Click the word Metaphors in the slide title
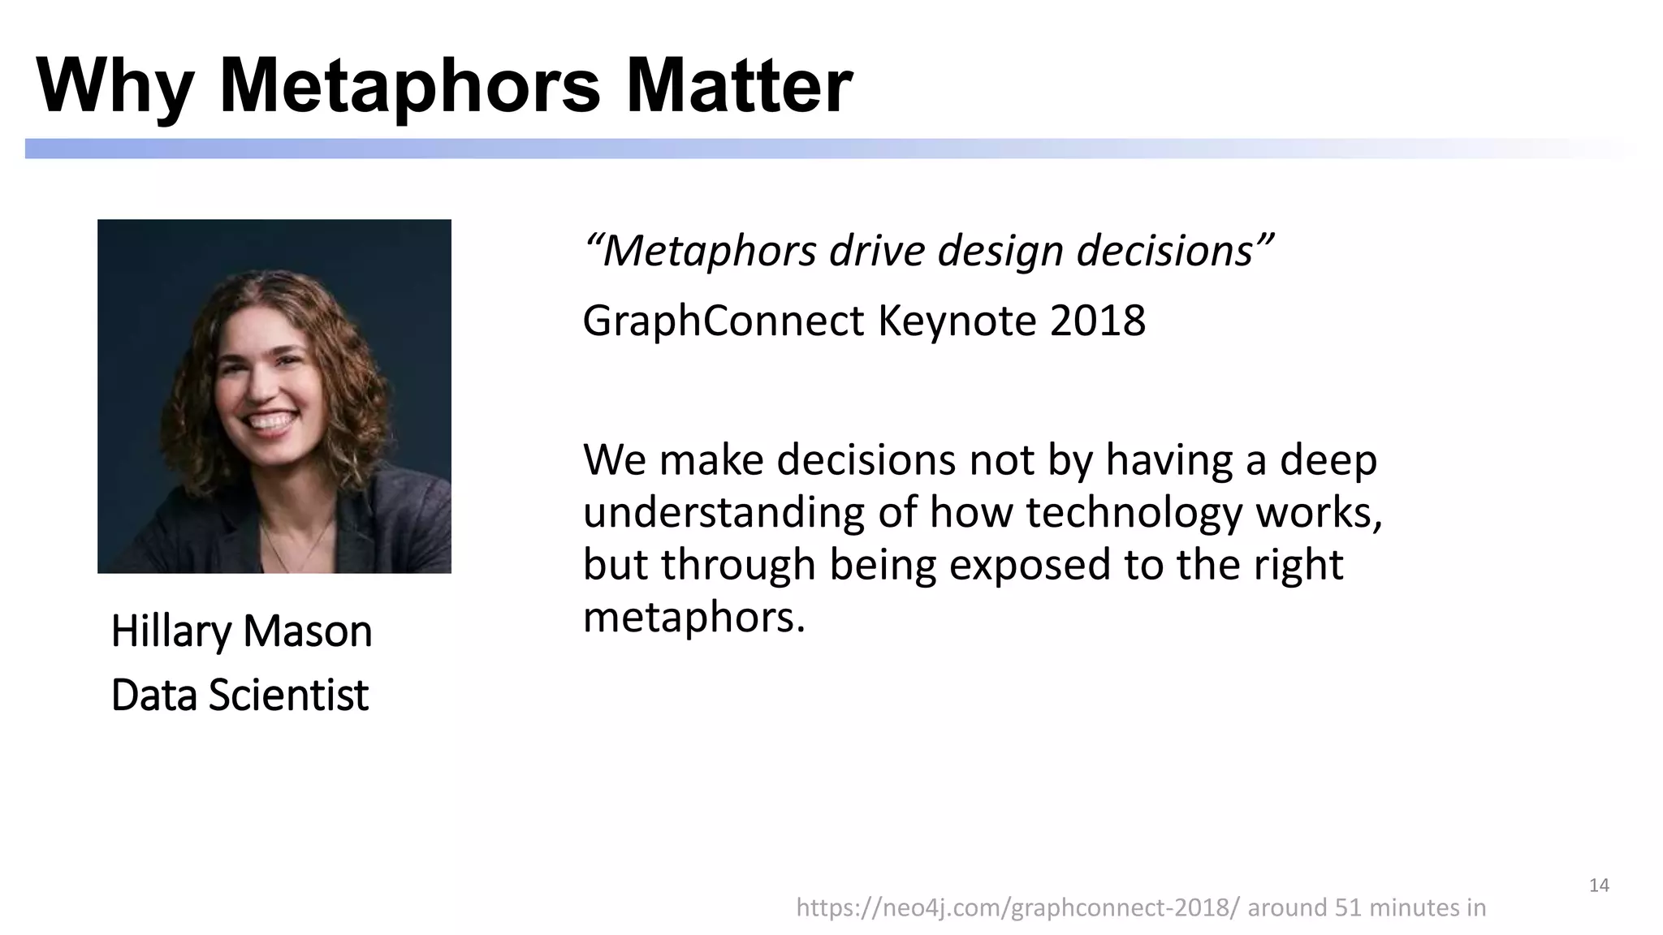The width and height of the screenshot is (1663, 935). [x=410, y=86]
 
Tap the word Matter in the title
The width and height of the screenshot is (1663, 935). [x=739, y=86]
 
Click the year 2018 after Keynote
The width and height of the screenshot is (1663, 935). [x=1097, y=321]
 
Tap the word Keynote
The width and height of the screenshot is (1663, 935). [x=957, y=322]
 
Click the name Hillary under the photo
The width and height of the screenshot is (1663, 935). [x=171, y=632]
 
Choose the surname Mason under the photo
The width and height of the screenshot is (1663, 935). [x=307, y=632]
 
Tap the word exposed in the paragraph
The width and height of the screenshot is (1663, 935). [x=1029, y=566]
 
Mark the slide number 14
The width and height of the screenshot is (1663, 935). [x=1599, y=885]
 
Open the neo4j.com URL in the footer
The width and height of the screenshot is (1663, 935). [x=1017, y=907]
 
